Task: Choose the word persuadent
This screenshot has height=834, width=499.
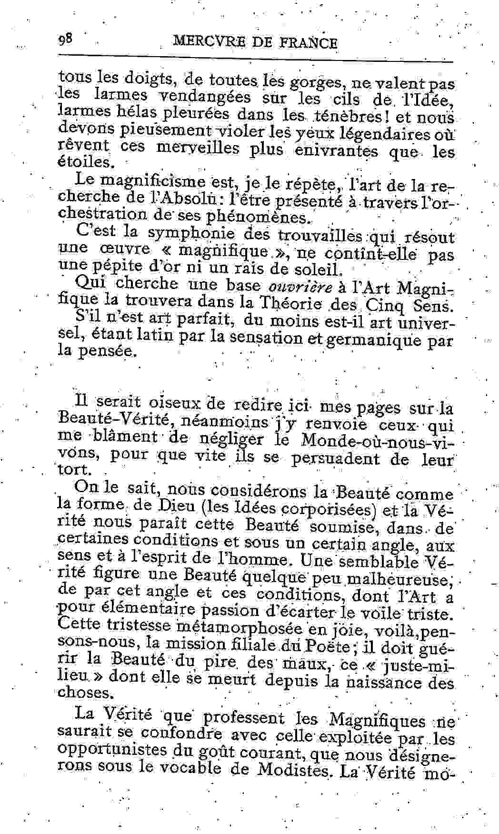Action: tap(343, 458)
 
